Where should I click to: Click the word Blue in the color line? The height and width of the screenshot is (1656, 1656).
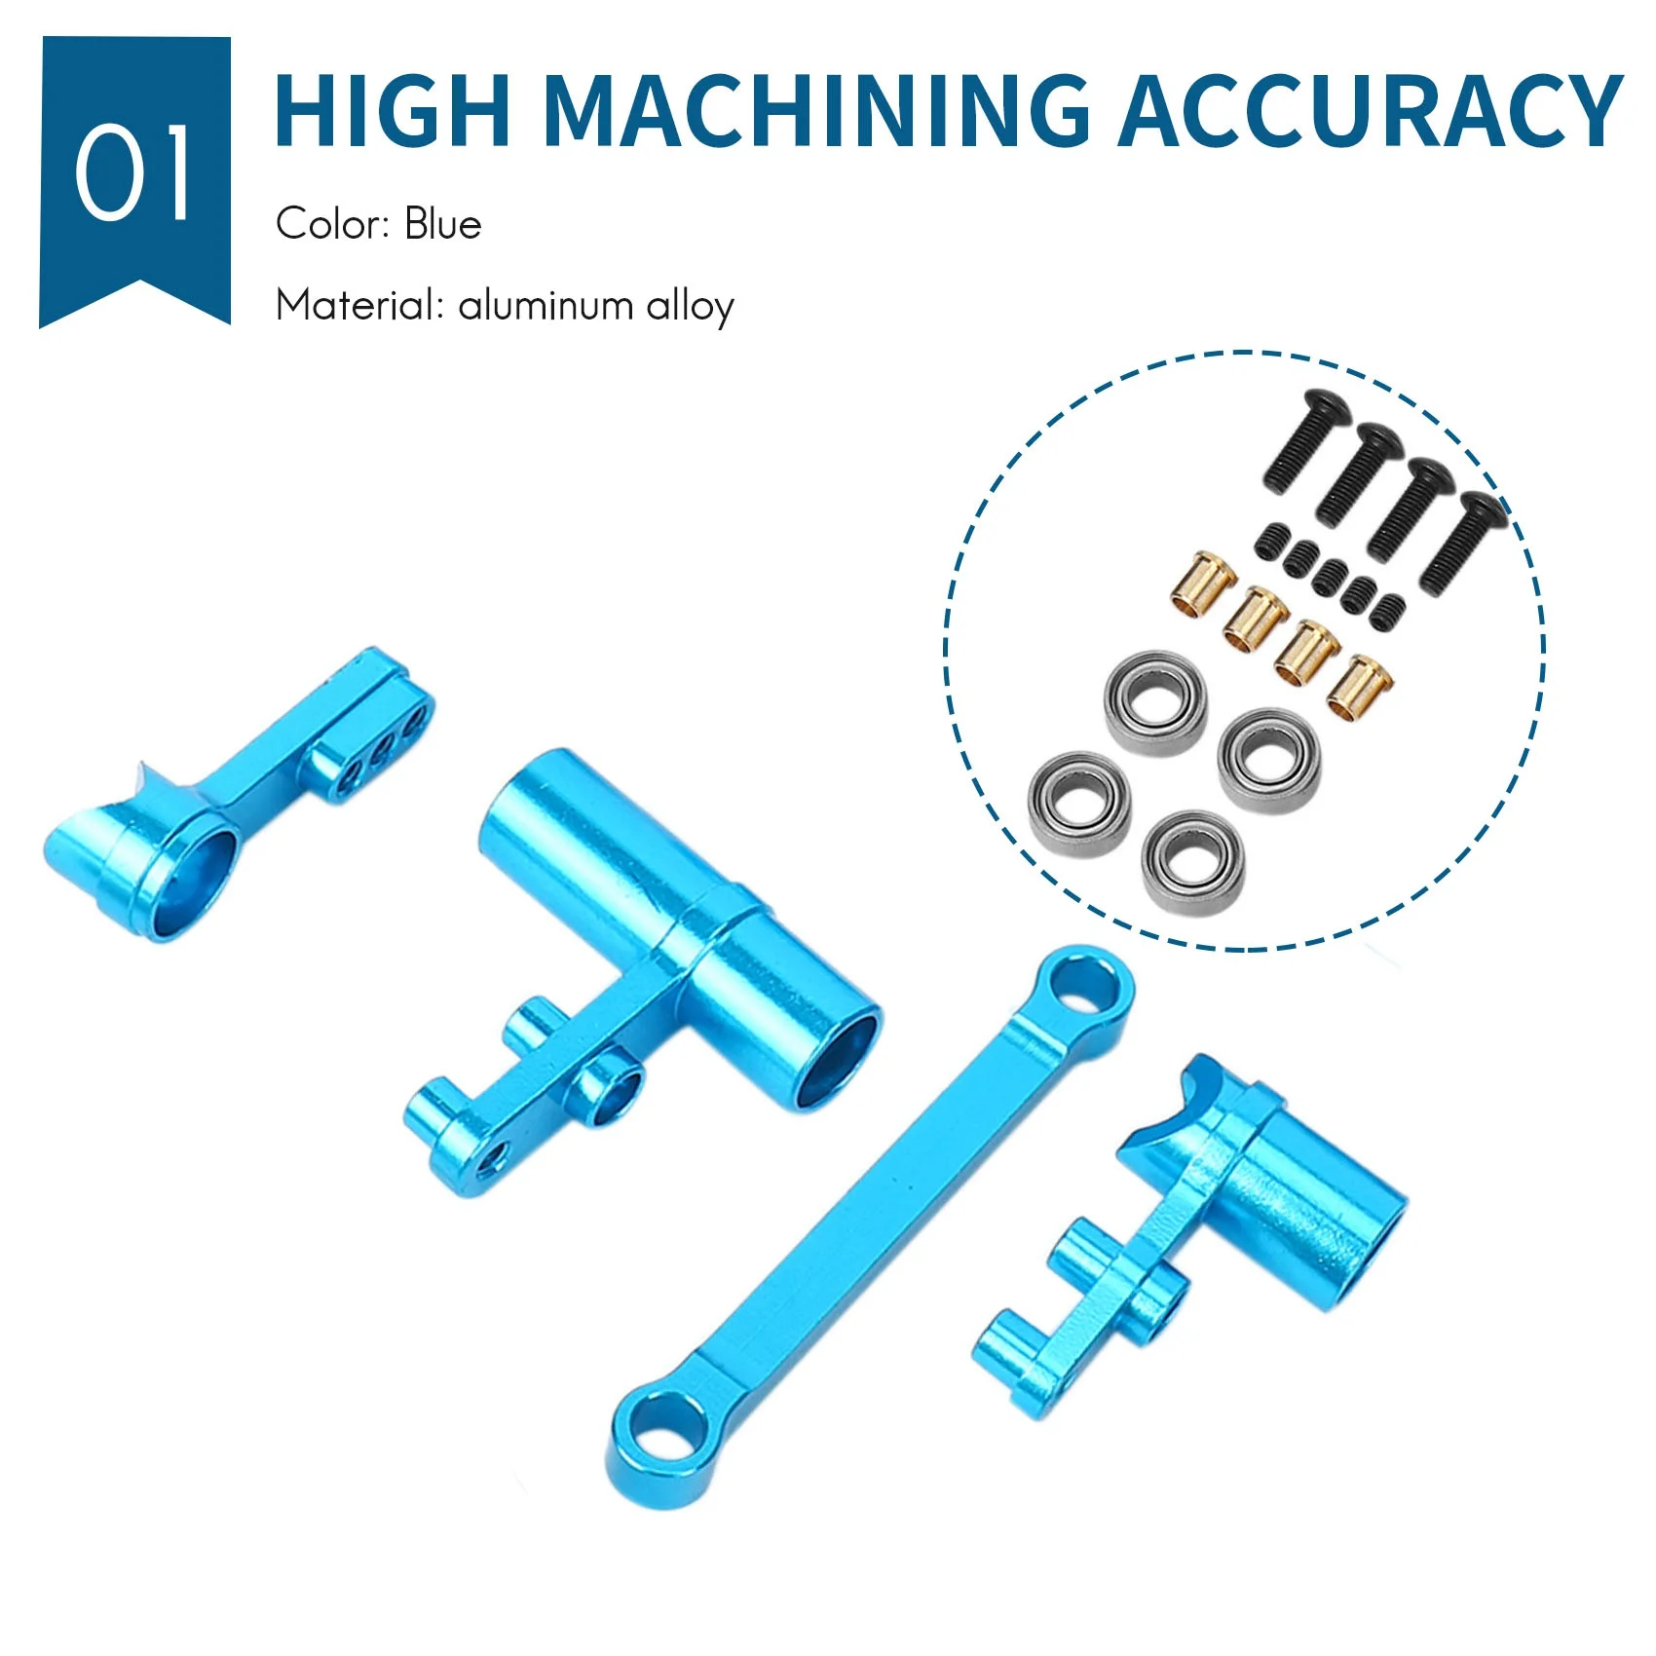[443, 224]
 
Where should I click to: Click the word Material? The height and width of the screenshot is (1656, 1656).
[358, 306]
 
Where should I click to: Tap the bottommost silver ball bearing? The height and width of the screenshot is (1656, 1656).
[1192, 862]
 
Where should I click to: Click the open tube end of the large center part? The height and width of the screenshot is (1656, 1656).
[838, 1062]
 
